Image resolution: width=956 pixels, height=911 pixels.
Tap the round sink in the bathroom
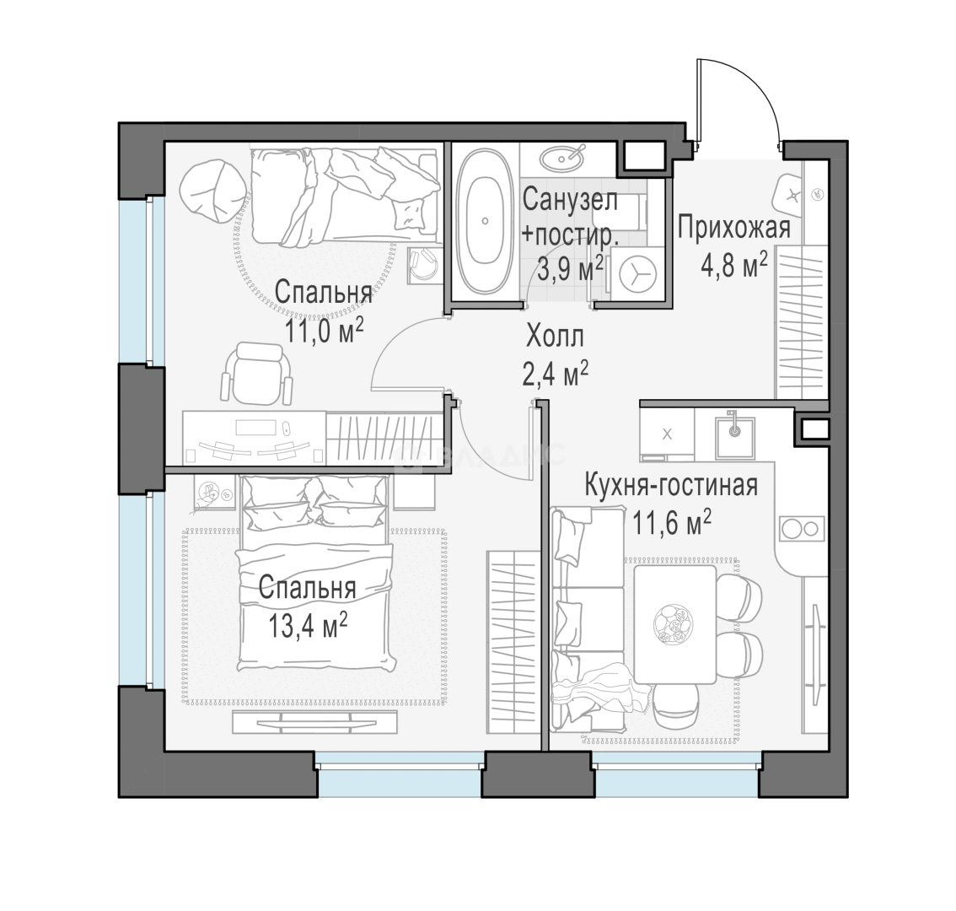tap(561, 159)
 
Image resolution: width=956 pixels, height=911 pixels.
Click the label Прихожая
tap(734, 229)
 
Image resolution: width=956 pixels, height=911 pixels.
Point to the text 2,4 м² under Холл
tap(556, 374)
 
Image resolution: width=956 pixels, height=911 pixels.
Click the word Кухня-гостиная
tap(671, 487)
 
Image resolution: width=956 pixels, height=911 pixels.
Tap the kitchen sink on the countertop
tap(735, 438)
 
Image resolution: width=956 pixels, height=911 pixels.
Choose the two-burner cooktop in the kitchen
tap(801, 528)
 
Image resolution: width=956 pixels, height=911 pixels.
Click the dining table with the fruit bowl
tap(675, 624)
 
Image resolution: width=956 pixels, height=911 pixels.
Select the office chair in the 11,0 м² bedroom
tap(256, 374)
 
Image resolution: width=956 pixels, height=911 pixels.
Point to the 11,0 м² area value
tap(325, 332)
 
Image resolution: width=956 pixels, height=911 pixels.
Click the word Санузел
tap(570, 200)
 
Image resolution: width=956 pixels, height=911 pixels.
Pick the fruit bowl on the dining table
tap(673, 625)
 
